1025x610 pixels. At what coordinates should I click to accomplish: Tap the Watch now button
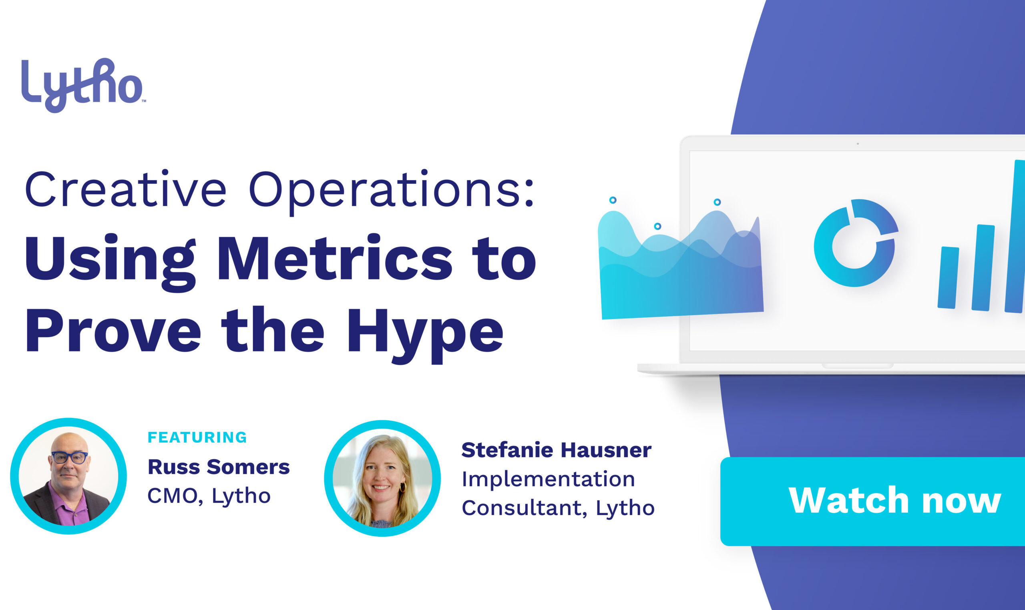872,501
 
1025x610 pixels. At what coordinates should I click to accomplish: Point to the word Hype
425,334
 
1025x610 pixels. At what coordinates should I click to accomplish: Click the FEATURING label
197,437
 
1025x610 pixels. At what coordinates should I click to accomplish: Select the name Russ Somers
219,467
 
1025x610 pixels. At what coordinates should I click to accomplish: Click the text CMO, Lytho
209,496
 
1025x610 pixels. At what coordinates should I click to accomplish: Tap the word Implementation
549,479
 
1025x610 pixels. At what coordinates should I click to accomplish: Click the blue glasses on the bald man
70,457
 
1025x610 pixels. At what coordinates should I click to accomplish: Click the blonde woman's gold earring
402,487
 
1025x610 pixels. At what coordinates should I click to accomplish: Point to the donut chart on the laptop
855,243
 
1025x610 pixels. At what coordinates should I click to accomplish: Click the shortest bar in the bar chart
948,277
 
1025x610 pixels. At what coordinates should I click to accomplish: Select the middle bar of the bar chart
983,268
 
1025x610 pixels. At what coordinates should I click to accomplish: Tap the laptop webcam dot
858,143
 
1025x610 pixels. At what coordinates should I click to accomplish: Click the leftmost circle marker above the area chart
613,200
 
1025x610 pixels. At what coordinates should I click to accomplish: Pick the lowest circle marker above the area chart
657,226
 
